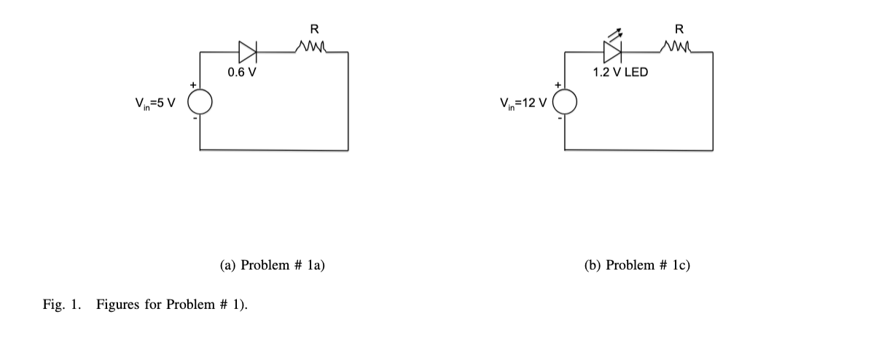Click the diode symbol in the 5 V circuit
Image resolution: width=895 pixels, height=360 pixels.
tap(248, 52)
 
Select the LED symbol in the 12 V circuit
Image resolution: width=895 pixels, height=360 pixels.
tap(612, 52)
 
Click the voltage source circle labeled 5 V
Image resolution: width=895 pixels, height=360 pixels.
tap(201, 101)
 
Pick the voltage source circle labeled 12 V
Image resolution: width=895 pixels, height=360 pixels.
tap(567, 101)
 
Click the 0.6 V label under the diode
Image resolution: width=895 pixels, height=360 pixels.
tap(241, 73)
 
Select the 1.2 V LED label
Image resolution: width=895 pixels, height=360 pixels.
tap(620, 73)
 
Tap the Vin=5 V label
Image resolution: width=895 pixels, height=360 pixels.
tap(155, 102)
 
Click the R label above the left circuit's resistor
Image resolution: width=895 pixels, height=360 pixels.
tap(313, 30)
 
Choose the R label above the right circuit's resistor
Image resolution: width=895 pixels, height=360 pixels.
tap(679, 30)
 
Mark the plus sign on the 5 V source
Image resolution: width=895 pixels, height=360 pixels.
tap(193, 86)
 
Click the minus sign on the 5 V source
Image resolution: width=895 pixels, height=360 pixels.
tap(194, 117)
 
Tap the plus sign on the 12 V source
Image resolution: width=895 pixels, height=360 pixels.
tap(558, 86)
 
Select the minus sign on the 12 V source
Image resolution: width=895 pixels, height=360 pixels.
tap(559, 117)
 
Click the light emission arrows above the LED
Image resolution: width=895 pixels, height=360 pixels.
tap(615, 34)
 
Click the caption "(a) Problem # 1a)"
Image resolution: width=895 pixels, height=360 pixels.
tap(272, 265)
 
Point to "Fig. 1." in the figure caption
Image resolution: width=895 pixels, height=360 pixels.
tap(62, 304)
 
